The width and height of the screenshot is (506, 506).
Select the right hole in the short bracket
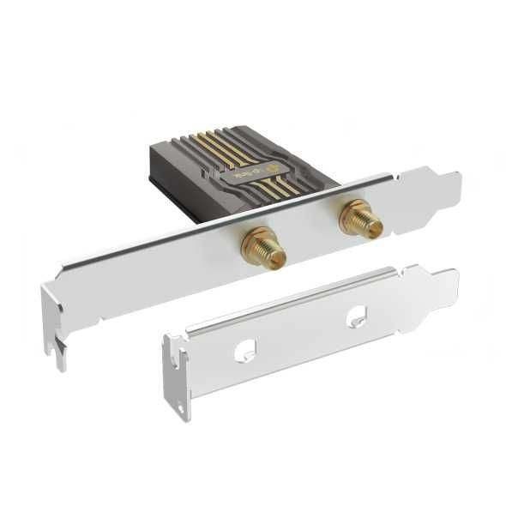tap(356, 316)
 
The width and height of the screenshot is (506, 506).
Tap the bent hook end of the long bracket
tap(54, 326)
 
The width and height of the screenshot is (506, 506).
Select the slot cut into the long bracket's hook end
tap(57, 348)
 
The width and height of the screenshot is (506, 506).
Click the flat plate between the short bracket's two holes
tap(300, 334)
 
